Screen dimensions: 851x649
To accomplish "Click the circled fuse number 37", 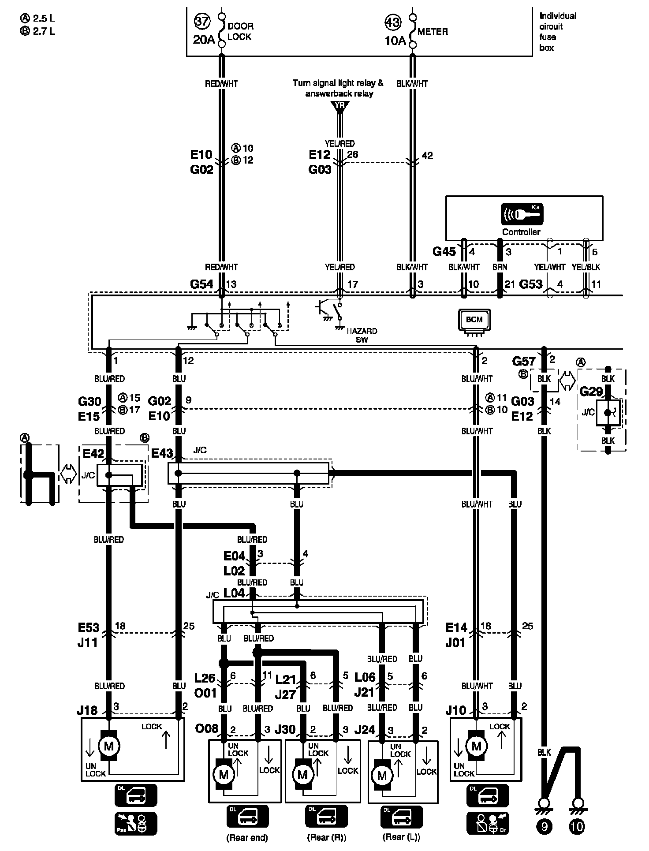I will tap(202, 21).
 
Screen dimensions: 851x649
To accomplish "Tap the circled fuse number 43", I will tap(394, 22).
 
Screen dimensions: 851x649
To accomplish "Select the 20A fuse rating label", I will tap(204, 40).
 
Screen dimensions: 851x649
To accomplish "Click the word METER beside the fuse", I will tap(433, 32).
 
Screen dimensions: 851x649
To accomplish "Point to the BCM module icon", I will tap(474, 320).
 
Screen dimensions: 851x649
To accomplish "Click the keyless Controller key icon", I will tap(522, 214).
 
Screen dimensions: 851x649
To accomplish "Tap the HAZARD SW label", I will tap(362, 335).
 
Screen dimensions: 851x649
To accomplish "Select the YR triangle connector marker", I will tap(339, 106).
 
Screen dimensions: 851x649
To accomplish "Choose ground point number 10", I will tap(577, 826).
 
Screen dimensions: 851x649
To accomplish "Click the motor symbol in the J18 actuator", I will tap(108, 746).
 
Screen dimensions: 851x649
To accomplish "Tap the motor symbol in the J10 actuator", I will tap(477, 746).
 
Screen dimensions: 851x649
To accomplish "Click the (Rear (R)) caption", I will tap(326, 837).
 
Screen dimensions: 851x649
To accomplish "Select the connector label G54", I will tap(201, 284).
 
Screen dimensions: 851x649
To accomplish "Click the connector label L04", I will tap(234, 593).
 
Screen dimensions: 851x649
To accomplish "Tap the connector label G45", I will tap(444, 251).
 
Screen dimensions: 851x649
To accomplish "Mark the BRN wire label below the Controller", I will tap(500, 267).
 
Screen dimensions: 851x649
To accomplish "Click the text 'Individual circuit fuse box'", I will tap(558, 32).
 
